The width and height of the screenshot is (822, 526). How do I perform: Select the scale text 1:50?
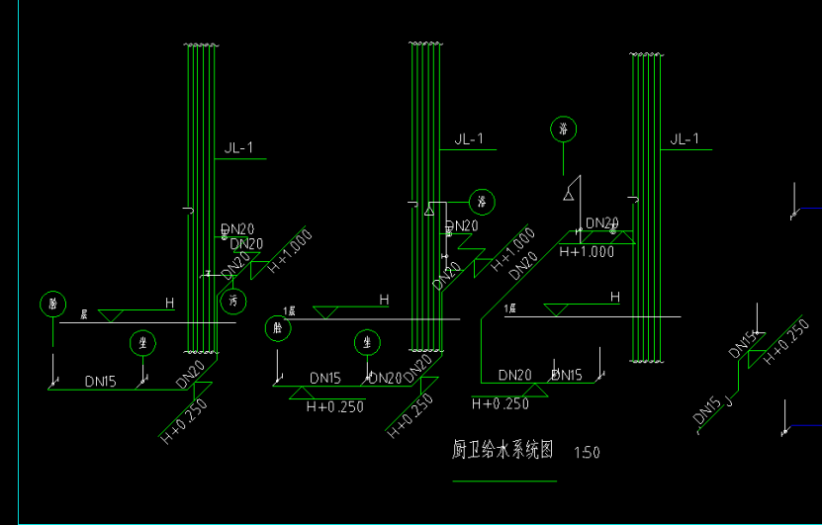pos(587,453)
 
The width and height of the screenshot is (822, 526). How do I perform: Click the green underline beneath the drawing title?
pos(503,481)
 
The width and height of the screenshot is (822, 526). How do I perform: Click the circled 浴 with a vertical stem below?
pos(564,130)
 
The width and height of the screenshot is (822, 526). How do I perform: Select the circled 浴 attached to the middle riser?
pos(482,203)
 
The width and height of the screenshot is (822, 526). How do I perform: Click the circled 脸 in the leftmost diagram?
pos(51,304)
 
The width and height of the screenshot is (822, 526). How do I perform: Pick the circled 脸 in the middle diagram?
pos(275,328)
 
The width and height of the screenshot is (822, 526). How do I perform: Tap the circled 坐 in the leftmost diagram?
pos(143,343)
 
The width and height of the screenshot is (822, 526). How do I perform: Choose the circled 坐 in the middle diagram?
pos(368,343)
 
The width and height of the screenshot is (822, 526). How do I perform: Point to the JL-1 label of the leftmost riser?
pos(239,149)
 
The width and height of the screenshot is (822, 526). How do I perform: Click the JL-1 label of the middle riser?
pos(469,139)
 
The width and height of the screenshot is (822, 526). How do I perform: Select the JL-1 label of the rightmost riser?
pos(685,139)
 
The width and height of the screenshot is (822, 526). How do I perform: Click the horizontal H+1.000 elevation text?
pos(587,252)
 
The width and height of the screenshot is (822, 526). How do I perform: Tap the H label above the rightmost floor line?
pos(614,297)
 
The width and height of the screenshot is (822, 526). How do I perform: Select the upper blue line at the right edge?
pos(809,209)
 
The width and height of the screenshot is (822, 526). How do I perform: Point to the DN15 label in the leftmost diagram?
pos(102,380)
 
